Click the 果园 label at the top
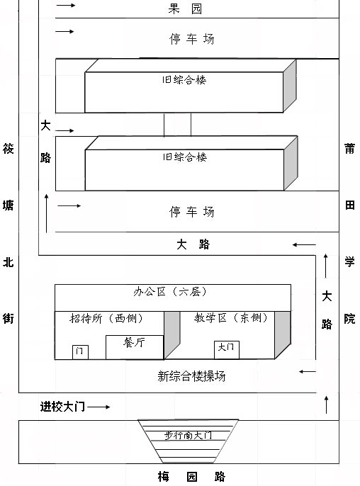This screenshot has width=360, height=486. click(185, 9)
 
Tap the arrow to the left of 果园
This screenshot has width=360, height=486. click(65, 5)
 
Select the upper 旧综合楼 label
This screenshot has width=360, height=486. click(184, 80)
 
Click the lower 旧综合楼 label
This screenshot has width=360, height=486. click(185, 157)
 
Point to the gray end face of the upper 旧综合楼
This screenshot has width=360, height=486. click(290, 86)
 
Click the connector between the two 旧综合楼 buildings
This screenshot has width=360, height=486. click(177, 124)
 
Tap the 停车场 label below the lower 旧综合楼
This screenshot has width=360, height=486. click(191, 212)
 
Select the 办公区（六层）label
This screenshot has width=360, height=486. click(170, 292)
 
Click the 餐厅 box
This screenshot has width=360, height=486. click(135, 347)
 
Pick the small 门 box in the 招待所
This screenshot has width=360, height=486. click(80, 352)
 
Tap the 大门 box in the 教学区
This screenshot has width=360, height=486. click(227, 350)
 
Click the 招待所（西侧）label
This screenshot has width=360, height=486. click(106, 318)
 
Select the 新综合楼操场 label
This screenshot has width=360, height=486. click(191, 376)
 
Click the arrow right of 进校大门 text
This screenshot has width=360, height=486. click(99, 407)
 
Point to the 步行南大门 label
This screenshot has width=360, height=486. click(188, 435)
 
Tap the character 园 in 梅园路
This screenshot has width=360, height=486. click(191, 476)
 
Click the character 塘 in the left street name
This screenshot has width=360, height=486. click(9, 205)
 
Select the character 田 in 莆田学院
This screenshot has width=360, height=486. click(350, 205)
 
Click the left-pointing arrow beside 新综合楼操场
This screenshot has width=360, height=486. click(308, 371)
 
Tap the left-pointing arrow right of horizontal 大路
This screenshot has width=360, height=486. click(304, 245)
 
